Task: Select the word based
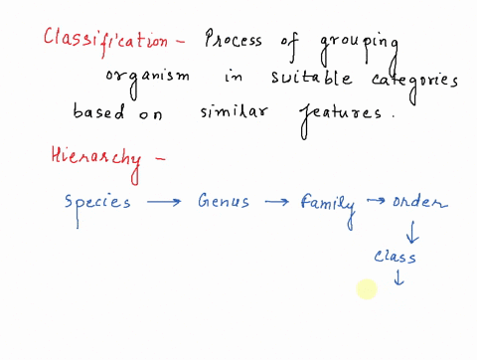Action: point(99,111)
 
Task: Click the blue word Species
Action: point(97,202)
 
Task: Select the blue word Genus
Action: point(225,202)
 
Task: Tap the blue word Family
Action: point(328,204)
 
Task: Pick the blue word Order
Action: point(419,203)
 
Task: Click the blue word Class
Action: point(395,257)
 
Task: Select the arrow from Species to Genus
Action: point(165,203)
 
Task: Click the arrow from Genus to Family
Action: point(278,203)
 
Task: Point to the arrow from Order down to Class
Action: point(411,232)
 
